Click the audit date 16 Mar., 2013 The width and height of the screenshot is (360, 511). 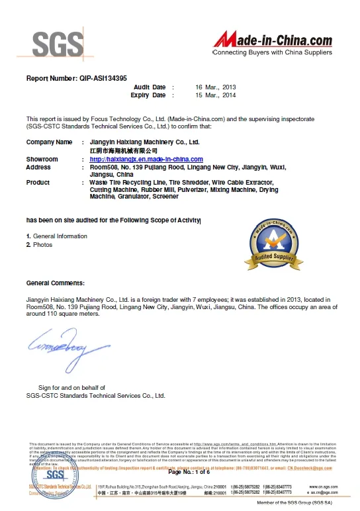point(215,87)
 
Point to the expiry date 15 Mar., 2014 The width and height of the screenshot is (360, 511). point(215,95)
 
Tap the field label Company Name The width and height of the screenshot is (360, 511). point(49,142)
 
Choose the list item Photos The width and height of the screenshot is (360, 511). point(42,245)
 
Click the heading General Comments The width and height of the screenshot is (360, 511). point(55,283)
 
